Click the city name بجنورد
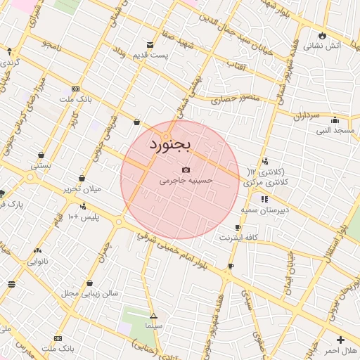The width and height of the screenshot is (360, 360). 170,143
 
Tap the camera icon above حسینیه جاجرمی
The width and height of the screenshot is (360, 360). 186,170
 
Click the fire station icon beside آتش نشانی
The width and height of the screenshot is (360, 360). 323,35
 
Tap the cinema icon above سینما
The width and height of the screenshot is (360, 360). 153,316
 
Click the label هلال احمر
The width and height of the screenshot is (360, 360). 340,349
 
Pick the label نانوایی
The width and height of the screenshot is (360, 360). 37,261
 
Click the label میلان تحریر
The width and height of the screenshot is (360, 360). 83,188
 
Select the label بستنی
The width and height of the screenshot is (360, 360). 40,166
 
